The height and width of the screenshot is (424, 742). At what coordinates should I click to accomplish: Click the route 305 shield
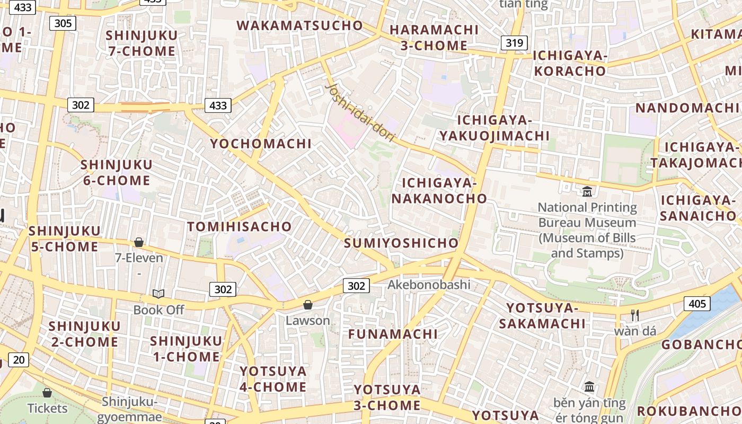(63, 23)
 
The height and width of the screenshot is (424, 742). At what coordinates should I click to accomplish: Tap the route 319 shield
(514, 43)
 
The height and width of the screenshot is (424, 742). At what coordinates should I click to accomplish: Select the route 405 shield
(697, 303)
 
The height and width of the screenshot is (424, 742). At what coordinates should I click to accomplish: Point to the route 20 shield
(19, 360)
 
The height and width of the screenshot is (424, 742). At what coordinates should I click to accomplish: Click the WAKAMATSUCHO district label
(299, 25)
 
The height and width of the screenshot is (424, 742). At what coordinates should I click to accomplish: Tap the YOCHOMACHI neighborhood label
(261, 144)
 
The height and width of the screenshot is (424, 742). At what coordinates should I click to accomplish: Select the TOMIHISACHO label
(240, 227)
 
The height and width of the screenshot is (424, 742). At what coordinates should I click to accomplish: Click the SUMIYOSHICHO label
(401, 243)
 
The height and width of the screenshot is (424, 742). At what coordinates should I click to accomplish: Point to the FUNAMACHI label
(393, 334)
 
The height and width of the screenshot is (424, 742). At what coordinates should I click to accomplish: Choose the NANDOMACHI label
(688, 108)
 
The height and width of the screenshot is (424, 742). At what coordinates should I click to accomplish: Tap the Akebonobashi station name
(429, 285)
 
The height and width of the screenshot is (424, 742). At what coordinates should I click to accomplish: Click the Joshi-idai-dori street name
(360, 112)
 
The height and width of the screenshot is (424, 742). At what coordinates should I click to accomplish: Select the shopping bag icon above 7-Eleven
(139, 242)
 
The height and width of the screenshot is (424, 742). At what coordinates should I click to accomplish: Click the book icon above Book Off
(158, 294)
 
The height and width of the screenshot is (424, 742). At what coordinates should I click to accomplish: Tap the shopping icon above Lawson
(307, 305)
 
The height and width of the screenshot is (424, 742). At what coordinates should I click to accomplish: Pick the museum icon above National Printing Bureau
(587, 191)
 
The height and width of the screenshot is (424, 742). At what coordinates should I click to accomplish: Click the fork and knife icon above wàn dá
(635, 315)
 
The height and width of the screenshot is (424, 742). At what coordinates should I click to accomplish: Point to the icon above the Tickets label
(47, 393)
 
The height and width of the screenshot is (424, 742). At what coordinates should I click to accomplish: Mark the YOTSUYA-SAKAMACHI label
(545, 316)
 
